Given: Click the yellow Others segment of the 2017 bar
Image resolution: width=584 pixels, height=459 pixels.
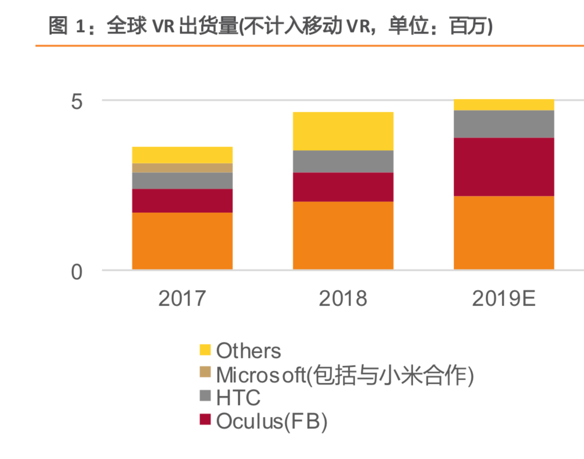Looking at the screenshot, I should pos(182,155).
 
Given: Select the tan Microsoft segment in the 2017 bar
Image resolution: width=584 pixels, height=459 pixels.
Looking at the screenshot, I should pos(182,168).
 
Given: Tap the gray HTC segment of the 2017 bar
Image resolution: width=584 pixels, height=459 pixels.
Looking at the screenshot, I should pos(182,181).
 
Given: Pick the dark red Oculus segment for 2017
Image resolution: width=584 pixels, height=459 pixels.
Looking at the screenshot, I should pos(182,200).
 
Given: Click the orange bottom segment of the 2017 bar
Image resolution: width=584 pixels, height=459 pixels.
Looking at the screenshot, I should pos(182,241).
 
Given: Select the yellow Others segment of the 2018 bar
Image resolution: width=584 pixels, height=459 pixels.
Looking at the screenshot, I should pos(343,131).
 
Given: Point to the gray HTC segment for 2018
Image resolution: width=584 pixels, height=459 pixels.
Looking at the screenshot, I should pos(343,161).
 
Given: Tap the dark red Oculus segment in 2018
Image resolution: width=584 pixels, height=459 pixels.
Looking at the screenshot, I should pos(343,187).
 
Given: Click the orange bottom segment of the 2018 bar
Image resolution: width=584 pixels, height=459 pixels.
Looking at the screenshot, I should pos(343,235).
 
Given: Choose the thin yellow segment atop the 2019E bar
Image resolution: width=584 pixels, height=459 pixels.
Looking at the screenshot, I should pos(504,105).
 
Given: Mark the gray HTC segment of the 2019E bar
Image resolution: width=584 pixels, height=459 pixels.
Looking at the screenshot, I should pos(504,124).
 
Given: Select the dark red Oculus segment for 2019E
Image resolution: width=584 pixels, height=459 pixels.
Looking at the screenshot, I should pos(504,167).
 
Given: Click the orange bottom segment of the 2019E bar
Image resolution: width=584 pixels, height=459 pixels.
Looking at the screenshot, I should pos(504,233).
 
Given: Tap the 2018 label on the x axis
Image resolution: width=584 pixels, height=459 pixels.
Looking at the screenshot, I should pos(343,299).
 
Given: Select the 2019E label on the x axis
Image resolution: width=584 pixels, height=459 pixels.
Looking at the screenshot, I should pos(504,299).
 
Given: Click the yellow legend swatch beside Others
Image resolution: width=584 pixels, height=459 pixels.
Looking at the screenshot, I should pos(206,350).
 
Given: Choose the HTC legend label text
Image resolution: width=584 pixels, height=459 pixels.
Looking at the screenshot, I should pos(238,398).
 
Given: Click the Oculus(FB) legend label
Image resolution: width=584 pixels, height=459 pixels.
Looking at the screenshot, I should pos(272,421).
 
